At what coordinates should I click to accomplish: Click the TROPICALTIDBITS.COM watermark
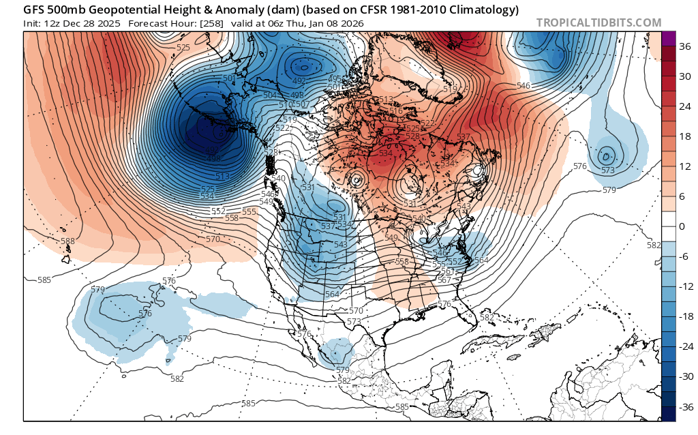(598, 22)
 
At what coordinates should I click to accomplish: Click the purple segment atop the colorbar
(668, 39)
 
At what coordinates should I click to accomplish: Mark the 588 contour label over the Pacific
(67, 241)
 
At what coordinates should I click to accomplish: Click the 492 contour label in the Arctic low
(299, 80)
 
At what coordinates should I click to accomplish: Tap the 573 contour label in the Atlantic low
(608, 170)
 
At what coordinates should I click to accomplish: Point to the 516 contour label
(396, 110)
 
